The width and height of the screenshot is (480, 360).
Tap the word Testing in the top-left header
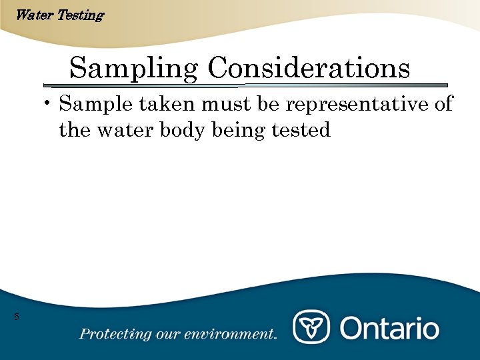(80, 15)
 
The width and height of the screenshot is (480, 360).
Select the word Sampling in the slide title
(134, 68)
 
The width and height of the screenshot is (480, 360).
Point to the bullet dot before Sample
(49, 104)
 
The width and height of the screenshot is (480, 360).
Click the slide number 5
(17, 317)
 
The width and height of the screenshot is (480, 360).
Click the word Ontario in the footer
(389, 328)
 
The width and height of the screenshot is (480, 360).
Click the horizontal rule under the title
(245, 85)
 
